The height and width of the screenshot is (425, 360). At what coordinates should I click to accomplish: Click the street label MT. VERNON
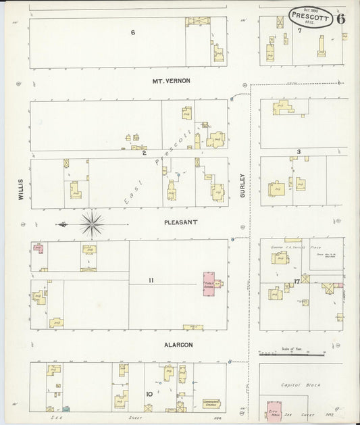pos(171,80)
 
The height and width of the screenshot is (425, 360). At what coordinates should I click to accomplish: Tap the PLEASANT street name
pos(180,221)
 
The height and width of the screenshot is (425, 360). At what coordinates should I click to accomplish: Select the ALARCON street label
pos(178,345)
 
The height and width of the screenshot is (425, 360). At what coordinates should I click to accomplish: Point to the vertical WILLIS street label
pos(21,189)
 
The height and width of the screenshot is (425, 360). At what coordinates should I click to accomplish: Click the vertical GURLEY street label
pos(242,186)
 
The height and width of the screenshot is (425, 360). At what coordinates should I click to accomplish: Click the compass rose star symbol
pos(91,223)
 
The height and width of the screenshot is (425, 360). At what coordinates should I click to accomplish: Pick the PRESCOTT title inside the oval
pos(310,14)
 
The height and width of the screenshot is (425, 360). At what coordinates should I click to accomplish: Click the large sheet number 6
pos(340,18)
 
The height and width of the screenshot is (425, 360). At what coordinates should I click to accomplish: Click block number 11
pos(152,280)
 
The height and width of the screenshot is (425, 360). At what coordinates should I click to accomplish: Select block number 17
pos(297,281)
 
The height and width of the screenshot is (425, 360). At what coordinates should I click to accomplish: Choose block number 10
pos(149,393)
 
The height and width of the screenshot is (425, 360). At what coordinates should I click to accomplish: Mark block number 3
pos(298,152)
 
